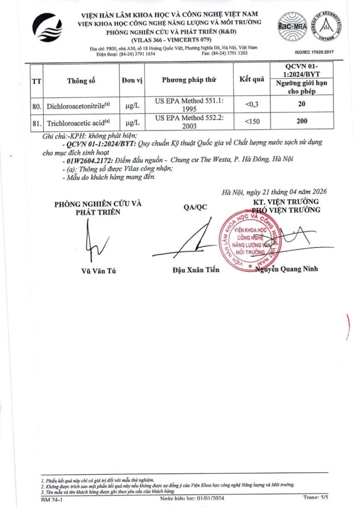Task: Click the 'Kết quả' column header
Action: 251,80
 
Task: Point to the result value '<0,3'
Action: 251,105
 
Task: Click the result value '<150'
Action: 251,123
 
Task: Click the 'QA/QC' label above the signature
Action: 195,207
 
